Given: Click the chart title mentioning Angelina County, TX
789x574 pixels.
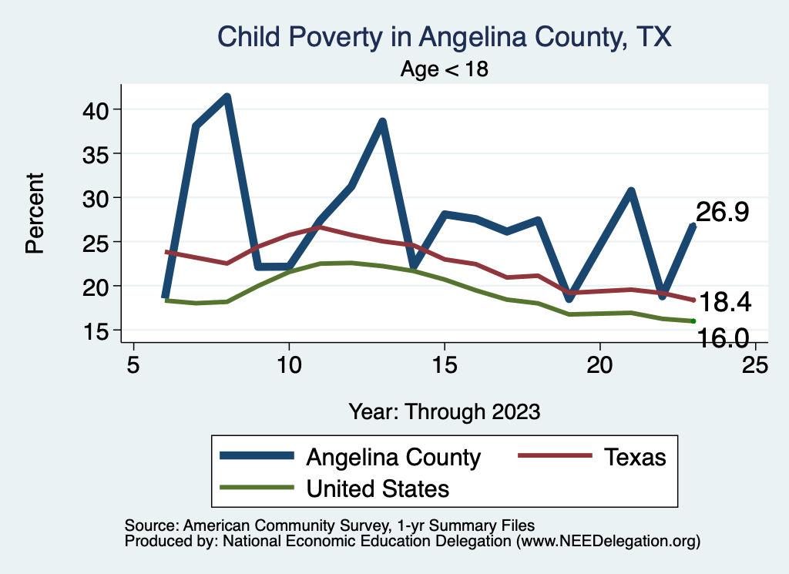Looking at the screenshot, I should [445, 36].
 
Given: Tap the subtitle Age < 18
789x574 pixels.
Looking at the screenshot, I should [445, 69].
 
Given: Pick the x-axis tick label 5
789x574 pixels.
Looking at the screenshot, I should [133, 364].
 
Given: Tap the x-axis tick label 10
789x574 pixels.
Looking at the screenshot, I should [289, 364].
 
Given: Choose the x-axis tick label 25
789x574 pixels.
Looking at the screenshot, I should [755, 364].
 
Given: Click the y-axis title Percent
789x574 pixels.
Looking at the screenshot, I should [34, 213].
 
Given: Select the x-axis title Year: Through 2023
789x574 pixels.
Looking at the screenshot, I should [444, 411].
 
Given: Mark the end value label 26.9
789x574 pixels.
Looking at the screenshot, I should [722, 213].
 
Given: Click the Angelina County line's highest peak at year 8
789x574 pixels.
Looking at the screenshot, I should [227, 97].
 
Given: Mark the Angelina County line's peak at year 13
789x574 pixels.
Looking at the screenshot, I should [382, 123].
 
